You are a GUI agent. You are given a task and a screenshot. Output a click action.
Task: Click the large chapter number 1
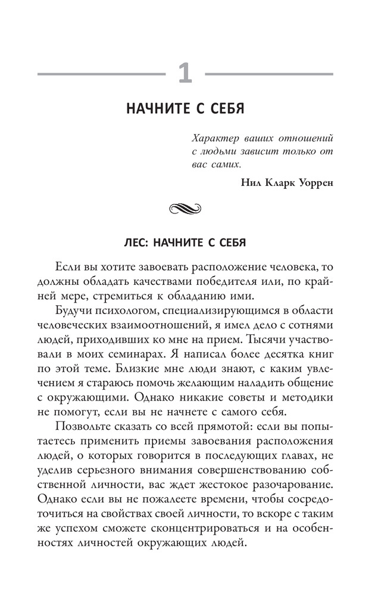point(186,74)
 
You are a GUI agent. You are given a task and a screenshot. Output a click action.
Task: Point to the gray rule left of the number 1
point(101,74)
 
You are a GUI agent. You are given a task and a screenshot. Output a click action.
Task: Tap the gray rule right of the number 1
point(270,74)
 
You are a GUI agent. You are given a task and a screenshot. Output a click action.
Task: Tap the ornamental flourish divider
point(186,209)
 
